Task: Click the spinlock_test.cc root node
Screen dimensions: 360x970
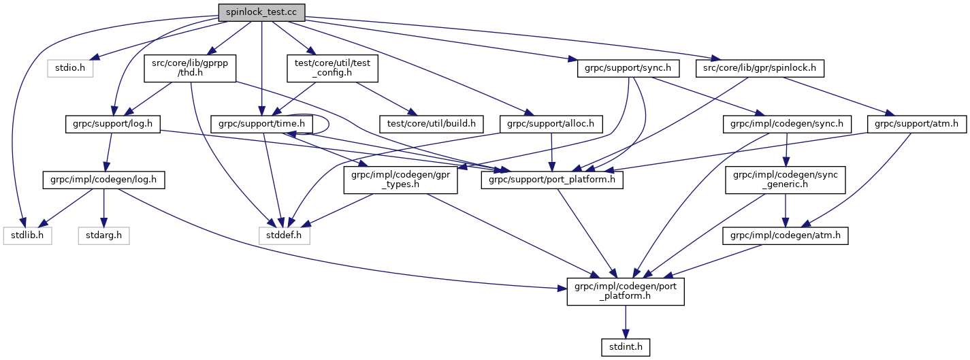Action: click(x=261, y=12)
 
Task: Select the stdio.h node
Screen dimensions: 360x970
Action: click(x=70, y=68)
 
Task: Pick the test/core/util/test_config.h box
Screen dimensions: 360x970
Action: click(x=332, y=68)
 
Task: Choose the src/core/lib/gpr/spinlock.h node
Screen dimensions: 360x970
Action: click(x=760, y=68)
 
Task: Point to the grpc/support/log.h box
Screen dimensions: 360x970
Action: click(x=112, y=124)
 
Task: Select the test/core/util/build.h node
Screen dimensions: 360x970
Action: click(x=434, y=124)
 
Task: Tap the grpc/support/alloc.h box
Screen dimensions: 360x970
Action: click(x=551, y=124)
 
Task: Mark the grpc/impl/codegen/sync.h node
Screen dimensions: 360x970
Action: click(x=787, y=124)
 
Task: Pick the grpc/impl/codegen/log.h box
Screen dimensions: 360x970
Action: click(x=103, y=180)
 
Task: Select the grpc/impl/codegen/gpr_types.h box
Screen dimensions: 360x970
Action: click(x=400, y=180)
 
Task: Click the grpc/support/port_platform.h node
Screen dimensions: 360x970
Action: click(x=551, y=180)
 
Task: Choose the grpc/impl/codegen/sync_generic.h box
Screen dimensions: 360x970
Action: click(x=786, y=180)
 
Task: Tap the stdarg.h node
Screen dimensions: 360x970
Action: click(x=103, y=236)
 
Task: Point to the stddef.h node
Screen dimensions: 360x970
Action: click(x=285, y=236)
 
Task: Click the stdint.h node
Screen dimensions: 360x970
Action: click(x=626, y=348)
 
